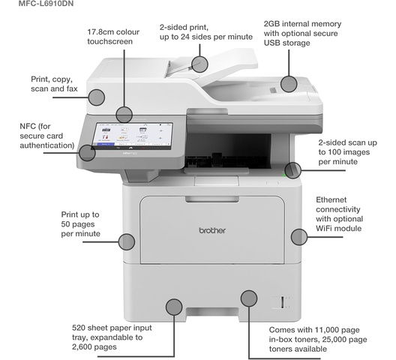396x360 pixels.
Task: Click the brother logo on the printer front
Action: pos(212,230)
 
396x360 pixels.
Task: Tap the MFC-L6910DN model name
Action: pos(46,4)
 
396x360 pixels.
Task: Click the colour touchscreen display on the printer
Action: pos(132,136)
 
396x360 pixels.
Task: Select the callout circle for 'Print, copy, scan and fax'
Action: pos(97,97)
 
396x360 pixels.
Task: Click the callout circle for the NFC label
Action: pos(87,152)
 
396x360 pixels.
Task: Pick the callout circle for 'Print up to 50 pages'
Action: pos(127,241)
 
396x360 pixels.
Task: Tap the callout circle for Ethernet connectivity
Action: pos(299,237)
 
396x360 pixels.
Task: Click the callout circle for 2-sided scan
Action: pos(292,170)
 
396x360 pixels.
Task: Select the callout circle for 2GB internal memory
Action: pos(289,84)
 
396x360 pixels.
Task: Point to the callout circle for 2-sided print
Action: pos(199,64)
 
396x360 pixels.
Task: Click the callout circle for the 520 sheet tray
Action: pos(174,307)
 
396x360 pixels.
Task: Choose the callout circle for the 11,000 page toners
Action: pos(249,298)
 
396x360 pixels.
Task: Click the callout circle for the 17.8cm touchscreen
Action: pos(124,115)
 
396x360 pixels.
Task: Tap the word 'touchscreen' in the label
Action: pos(109,41)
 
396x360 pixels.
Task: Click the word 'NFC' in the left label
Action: pos(28,126)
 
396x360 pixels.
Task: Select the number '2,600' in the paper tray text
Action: pos(82,347)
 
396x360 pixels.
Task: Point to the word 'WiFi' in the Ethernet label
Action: pos(325,229)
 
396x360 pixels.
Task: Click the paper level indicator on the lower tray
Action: pos(282,302)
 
